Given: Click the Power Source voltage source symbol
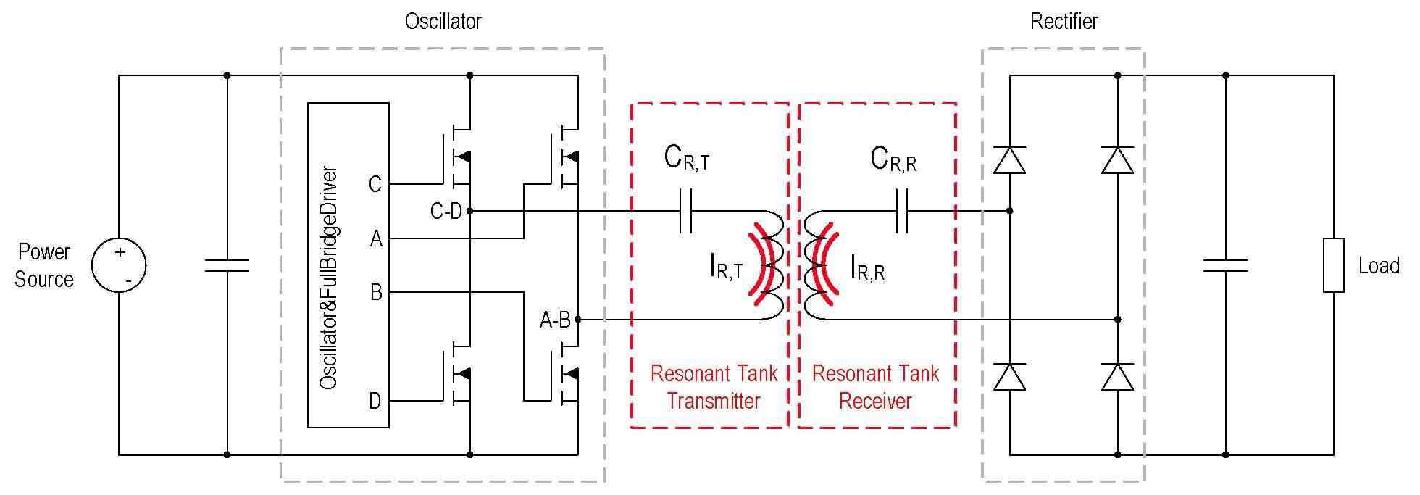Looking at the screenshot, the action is pyautogui.click(x=119, y=265).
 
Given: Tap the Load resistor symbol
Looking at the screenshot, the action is pyautogui.click(x=1333, y=265).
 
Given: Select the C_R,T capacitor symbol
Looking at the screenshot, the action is pyautogui.click(x=686, y=211).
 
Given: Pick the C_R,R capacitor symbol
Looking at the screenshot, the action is pyautogui.click(x=902, y=211).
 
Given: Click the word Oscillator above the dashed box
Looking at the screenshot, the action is pyautogui.click(x=443, y=22).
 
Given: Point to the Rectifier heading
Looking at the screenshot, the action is pyautogui.click(x=1064, y=22).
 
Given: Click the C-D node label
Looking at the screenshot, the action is pyautogui.click(x=446, y=211).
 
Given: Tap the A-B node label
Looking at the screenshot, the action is pyautogui.click(x=555, y=320).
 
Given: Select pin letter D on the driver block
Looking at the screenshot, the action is pyautogui.click(x=375, y=401).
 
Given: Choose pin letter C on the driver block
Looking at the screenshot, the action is pyautogui.click(x=375, y=184).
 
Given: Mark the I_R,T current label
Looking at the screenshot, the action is pyautogui.click(x=727, y=269).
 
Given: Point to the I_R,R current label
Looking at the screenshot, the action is pyautogui.click(x=868, y=269).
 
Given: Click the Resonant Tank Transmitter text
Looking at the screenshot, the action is pyautogui.click(x=714, y=387).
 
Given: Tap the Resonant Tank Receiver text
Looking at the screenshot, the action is pyautogui.click(x=875, y=387).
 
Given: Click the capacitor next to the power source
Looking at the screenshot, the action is pyautogui.click(x=227, y=265).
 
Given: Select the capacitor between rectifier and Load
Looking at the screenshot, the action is pyautogui.click(x=1225, y=265).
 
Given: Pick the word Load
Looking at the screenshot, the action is pyautogui.click(x=1379, y=266).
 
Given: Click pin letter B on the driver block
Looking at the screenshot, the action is pyautogui.click(x=376, y=292).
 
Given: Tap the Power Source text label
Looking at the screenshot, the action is pyautogui.click(x=44, y=265).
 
